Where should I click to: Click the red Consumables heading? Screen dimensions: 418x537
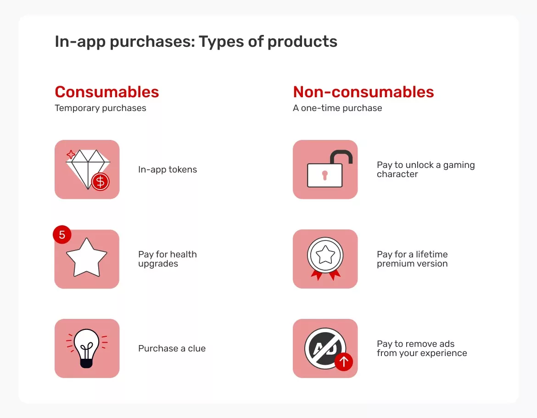coord(106,92)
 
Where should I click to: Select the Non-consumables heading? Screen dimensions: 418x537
coord(363,92)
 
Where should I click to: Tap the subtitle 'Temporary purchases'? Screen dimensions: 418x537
coord(100,108)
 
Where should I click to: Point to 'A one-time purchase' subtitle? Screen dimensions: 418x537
coord(337,108)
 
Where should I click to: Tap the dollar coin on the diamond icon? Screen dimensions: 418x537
coord(100,182)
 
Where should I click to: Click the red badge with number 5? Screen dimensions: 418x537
coord(62,235)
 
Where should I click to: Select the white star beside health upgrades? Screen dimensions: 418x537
coord(87,256)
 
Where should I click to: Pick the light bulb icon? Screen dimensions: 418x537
coord(87,347)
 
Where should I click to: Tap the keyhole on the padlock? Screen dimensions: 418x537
coord(325,175)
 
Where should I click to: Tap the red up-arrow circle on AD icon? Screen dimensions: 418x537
coord(343,362)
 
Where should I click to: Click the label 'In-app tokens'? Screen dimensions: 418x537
coord(168,169)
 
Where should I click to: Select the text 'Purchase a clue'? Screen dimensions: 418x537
coord(172,348)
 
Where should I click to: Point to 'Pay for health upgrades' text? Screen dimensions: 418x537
coord(167,259)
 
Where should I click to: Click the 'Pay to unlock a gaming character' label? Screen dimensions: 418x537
coord(425,169)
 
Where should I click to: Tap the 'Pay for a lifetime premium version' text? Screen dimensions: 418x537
coord(412,259)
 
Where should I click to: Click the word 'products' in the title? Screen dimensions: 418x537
coord(302,42)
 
